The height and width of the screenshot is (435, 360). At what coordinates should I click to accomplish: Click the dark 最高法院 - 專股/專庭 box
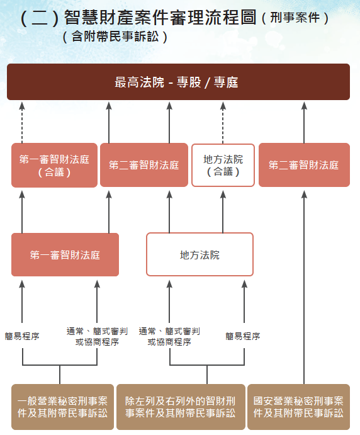178,82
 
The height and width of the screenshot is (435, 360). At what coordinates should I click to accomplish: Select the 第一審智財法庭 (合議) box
54,165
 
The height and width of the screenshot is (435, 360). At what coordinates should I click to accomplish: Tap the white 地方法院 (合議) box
223,165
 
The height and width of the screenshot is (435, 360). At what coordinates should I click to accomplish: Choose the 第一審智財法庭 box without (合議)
65,255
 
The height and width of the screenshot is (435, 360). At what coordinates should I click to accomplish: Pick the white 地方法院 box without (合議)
200,255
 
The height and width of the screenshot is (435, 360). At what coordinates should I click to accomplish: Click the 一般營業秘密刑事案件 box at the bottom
62,407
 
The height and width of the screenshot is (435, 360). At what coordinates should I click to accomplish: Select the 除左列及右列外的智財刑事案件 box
181,407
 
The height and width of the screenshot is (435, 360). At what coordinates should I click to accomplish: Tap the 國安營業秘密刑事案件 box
298,407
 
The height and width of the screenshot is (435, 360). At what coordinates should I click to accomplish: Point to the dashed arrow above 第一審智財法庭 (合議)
22,122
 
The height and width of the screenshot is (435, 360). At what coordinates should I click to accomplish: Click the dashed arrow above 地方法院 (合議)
223,122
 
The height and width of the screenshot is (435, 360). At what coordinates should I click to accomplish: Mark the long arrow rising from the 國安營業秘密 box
304,283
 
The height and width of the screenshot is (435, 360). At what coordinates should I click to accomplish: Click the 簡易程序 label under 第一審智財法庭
22,336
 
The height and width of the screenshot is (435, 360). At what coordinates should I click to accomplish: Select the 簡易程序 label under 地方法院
243,336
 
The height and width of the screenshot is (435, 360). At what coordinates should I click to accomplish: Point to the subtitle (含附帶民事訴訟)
115,37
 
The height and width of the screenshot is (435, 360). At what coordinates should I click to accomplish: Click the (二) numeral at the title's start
39,18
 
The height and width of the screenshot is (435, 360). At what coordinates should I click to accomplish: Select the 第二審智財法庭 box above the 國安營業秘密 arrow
304,165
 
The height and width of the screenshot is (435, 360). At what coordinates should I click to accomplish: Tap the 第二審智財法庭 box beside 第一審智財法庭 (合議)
143,165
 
